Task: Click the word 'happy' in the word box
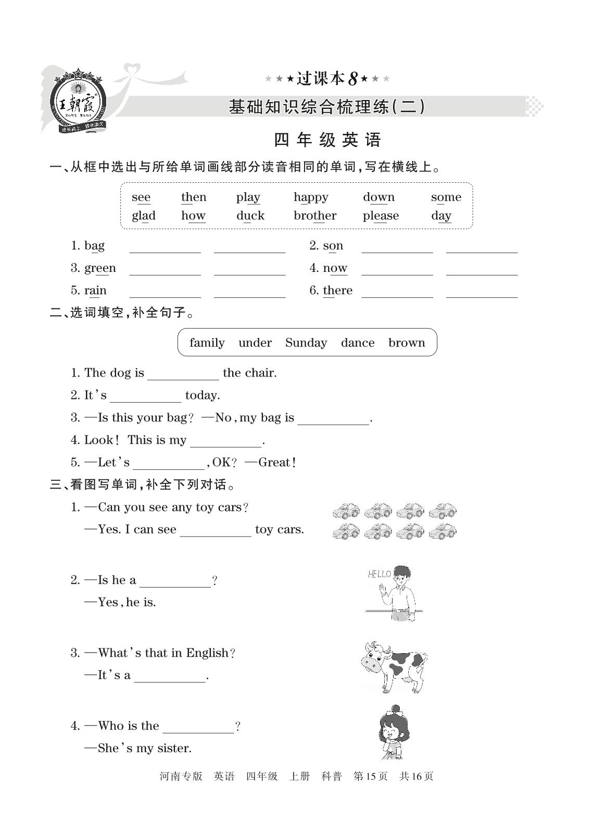coord(311,197)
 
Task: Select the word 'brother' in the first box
coord(315,216)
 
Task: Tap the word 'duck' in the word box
coord(250,216)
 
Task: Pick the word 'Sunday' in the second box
coord(306,343)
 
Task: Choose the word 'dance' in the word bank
coord(358,343)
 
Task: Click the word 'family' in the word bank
coord(207,343)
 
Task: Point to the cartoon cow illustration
coord(394,666)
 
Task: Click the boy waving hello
coord(400,594)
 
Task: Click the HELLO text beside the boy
coord(379,574)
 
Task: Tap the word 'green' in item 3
coord(100,268)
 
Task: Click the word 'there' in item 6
coord(337,291)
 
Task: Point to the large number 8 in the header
coord(352,79)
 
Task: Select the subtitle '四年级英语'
coord(328,140)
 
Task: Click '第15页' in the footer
coord(370,777)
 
